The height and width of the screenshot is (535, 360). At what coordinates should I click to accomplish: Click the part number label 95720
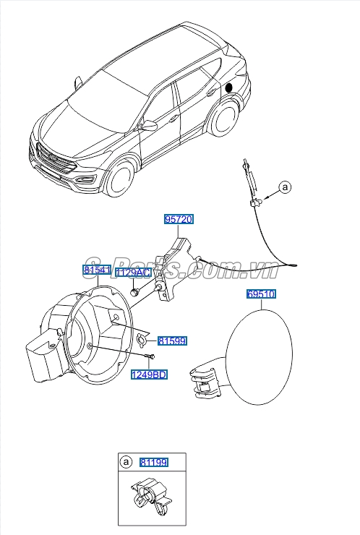(x=179, y=218)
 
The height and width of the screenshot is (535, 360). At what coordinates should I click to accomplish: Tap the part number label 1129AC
(x=133, y=273)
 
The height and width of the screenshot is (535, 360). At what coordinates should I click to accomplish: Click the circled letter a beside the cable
(x=285, y=187)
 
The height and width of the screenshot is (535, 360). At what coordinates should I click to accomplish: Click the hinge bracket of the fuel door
(x=205, y=380)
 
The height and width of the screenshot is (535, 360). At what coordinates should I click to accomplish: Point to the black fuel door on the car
(x=230, y=87)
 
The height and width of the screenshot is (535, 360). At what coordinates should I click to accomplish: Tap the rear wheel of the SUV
(x=226, y=117)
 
